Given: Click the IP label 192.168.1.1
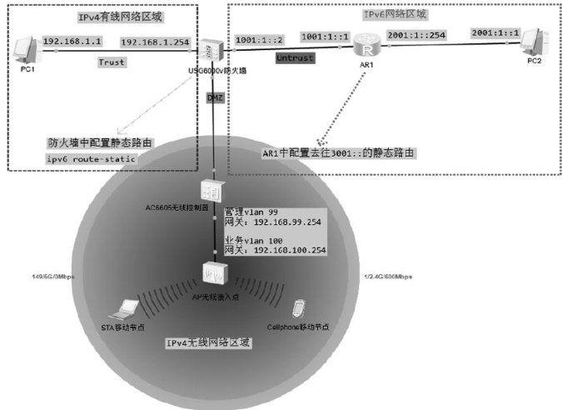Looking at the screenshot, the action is [x=70, y=41].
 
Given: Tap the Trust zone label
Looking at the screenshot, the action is [x=111, y=62].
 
